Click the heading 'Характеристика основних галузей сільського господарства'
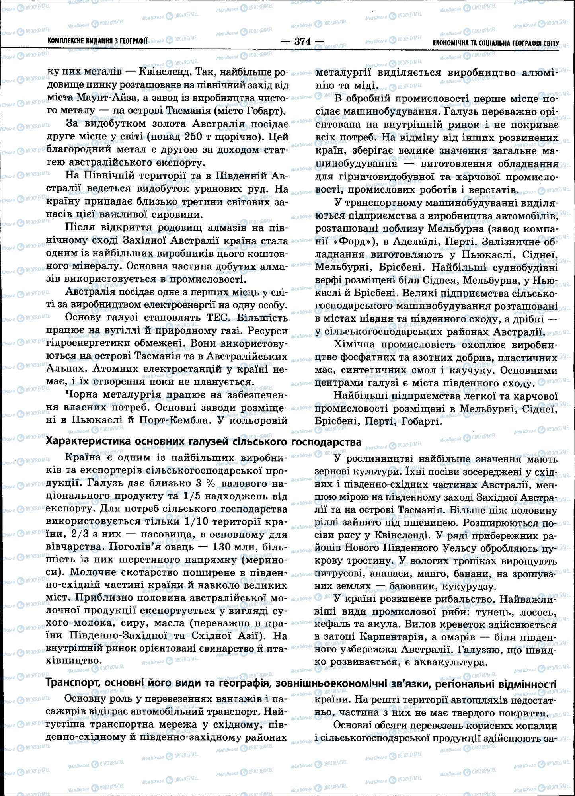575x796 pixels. [x=204, y=442]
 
